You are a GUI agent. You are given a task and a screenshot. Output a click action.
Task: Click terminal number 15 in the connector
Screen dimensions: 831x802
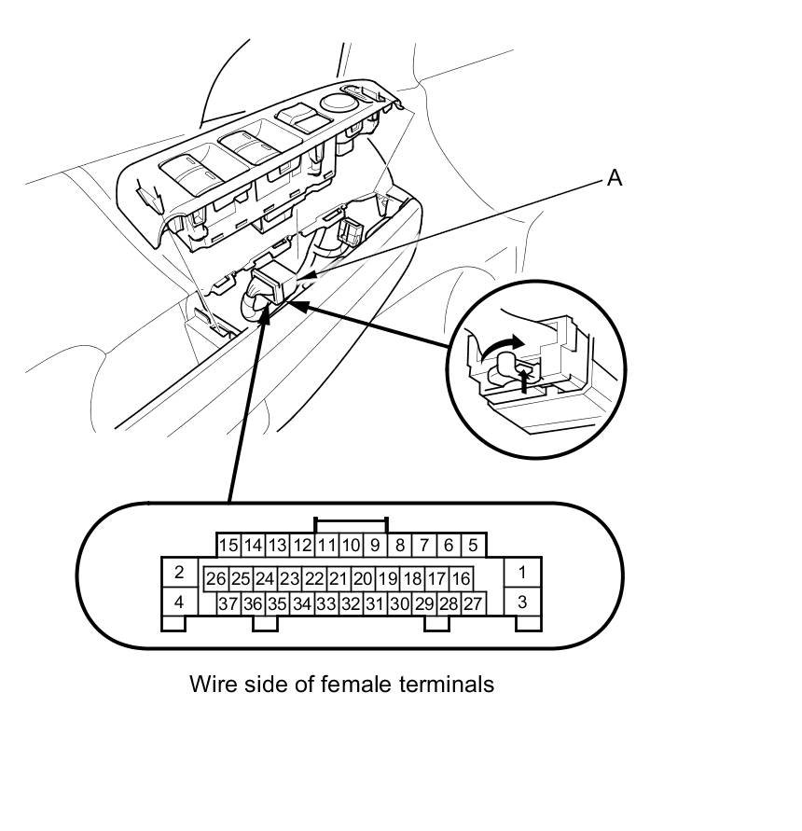click(x=228, y=545)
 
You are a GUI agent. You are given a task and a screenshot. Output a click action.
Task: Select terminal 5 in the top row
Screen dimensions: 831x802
click(x=473, y=545)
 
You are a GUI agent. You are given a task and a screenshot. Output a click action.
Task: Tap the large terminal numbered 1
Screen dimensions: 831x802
click(x=522, y=572)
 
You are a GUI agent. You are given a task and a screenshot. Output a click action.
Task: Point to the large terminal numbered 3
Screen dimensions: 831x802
click(x=522, y=602)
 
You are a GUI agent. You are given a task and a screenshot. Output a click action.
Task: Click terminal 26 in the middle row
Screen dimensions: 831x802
click(x=216, y=579)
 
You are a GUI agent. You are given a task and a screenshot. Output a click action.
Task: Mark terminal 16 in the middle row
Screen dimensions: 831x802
click(x=461, y=579)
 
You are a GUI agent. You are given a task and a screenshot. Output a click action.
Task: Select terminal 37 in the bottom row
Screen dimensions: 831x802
click(x=228, y=604)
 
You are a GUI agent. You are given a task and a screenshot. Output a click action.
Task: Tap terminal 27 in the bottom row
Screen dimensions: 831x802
click(x=473, y=604)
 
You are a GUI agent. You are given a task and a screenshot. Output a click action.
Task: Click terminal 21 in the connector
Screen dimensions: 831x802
click(x=338, y=579)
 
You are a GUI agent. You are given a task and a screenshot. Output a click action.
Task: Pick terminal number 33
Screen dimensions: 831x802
click(x=325, y=604)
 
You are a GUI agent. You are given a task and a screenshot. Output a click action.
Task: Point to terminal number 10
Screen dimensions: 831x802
click(x=351, y=545)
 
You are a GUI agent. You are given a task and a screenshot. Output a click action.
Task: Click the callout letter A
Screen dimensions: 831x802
click(x=614, y=177)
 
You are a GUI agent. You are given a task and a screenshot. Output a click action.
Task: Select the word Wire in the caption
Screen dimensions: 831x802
click(x=213, y=684)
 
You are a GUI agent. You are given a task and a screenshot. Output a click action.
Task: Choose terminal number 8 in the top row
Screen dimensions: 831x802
click(x=399, y=545)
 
